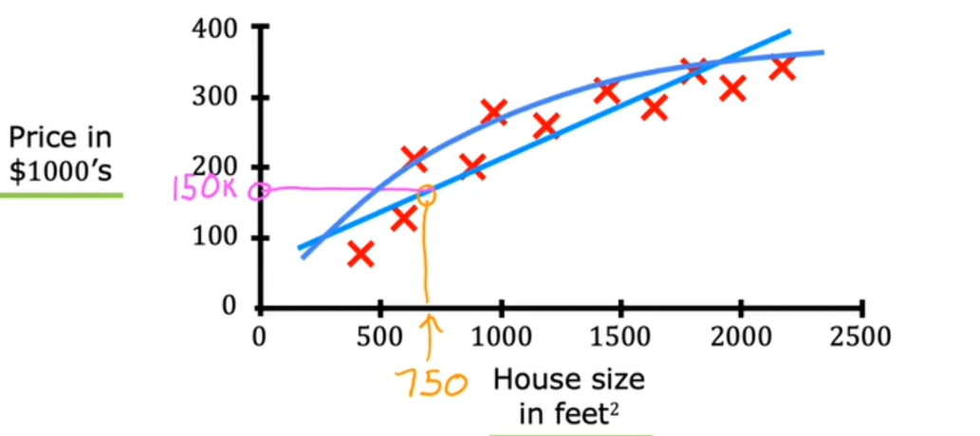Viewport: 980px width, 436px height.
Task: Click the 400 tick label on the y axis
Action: pos(218,28)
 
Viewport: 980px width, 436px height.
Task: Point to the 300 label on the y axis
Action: pos(218,98)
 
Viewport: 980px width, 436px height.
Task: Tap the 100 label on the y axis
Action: pos(218,237)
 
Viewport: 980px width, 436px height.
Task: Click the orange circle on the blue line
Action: pos(426,195)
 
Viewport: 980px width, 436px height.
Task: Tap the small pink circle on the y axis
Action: pos(257,191)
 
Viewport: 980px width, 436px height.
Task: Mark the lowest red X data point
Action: pos(360,254)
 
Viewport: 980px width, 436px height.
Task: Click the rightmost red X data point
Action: pos(783,67)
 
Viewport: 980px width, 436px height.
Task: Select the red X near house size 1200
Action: pos(545,125)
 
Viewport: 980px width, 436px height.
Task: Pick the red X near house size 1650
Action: pos(654,107)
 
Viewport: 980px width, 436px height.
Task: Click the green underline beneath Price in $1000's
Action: pos(61,195)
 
